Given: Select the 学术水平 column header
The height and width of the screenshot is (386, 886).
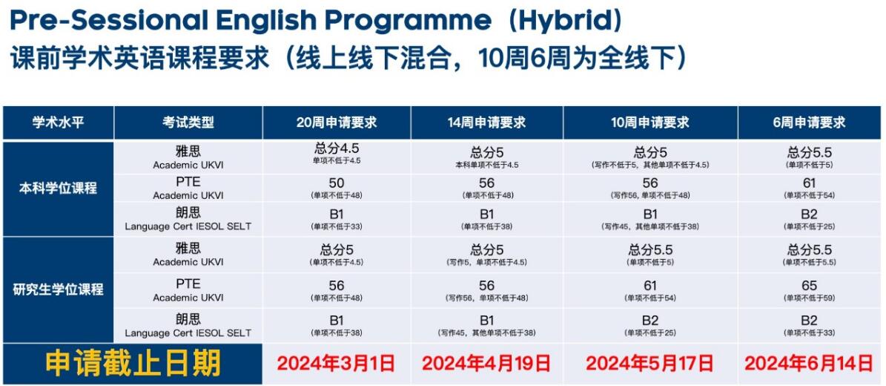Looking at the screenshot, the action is click(x=58, y=122).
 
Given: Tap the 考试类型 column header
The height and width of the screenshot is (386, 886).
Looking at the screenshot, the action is click(x=188, y=122).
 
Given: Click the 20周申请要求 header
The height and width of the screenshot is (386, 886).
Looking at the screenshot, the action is click(x=337, y=122).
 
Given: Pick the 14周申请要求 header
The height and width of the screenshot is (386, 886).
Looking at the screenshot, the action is click(x=486, y=122).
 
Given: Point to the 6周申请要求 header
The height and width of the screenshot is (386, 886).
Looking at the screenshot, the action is click(x=809, y=122).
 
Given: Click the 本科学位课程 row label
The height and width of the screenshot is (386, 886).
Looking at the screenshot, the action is click(x=58, y=188).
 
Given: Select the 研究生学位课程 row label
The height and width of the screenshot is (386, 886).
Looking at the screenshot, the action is click(x=58, y=289).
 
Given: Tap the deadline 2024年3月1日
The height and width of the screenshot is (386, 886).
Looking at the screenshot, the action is click(x=336, y=364).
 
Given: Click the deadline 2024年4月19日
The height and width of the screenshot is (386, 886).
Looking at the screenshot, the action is click(x=486, y=364).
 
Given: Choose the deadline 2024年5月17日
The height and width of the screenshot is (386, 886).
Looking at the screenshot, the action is click(x=649, y=364).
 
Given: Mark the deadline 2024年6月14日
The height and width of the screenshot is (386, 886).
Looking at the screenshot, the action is click(x=809, y=364).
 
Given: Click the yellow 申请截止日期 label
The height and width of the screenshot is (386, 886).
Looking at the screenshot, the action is click(x=133, y=364).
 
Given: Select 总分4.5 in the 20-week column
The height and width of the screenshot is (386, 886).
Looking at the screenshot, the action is click(x=337, y=149).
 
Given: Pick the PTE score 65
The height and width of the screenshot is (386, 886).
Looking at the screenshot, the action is click(x=809, y=286).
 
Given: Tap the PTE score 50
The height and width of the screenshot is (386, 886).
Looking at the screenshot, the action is click(x=337, y=183).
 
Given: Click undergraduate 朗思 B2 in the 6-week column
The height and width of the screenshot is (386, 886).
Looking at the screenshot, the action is click(x=809, y=215).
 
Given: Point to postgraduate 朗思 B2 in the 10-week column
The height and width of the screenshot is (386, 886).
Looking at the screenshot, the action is click(x=650, y=321).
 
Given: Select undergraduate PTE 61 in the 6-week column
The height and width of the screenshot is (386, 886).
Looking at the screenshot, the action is click(x=809, y=183).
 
